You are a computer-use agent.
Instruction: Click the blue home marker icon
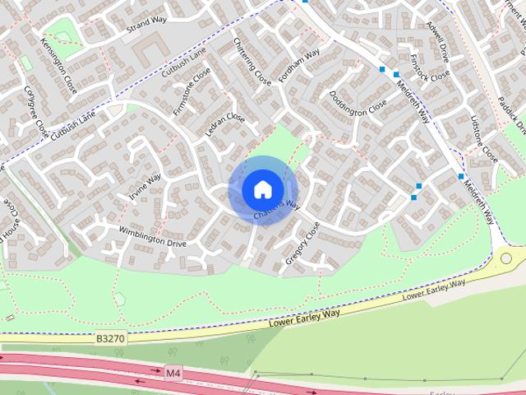pyautogui.click(x=262, y=189)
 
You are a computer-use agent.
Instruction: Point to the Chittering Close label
pyautogui.click(x=251, y=62)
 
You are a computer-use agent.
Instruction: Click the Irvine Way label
pyautogui.click(x=144, y=188)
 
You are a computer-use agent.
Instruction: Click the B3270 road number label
pyautogui.click(x=109, y=337)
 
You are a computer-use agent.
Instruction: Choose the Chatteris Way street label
pyautogui.click(x=276, y=210)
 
